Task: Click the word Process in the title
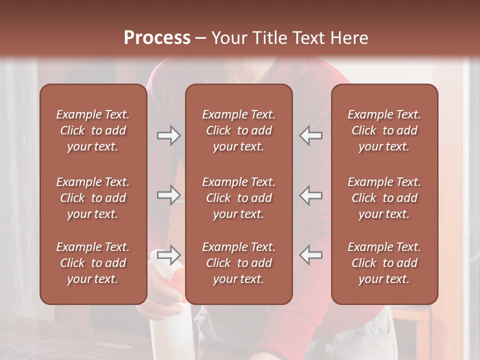pyautogui.click(x=157, y=37)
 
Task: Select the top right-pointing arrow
pyautogui.click(x=168, y=135)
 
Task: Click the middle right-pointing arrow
pyautogui.click(x=168, y=195)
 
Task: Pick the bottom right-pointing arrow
pyautogui.click(x=168, y=255)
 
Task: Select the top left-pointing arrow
pyautogui.click(x=310, y=135)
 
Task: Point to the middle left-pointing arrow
pyautogui.click(x=310, y=195)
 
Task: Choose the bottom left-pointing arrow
pyautogui.click(x=310, y=255)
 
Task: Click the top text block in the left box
pyautogui.click(x=93, y=130)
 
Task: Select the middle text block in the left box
pyautogui.click(x=93, y=198)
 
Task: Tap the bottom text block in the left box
pyautogui.click(x=93, y=263)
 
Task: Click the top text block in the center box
pyautogui.click(x=238, y=130)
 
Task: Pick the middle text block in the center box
pyautogui.click(x=238, y=198)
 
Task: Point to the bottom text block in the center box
pyautogui.click(x=238, y=263)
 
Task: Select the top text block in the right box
pyautogui.click(x=384, y=130)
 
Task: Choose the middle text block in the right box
pyautogui.click(x=384, y=198)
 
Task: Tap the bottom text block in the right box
pyautogui.click(x=384, y=263)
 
